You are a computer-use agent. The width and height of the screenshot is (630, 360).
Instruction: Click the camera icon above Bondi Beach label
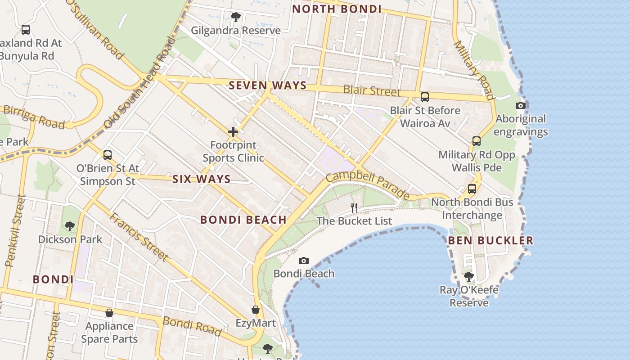pos(304,261)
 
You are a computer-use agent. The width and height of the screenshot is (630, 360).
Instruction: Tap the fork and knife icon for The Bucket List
pos(354,207)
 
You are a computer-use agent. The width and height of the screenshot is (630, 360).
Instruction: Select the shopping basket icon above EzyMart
pos(256,310)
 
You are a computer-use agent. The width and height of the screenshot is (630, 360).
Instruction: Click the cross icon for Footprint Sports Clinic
pos(233,132)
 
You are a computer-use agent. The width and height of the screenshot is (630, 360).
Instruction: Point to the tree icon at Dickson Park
pos(70,226)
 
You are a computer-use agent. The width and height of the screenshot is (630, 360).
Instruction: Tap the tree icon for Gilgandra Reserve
pos(235,17)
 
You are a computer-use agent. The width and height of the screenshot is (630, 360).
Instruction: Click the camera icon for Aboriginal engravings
pos(521,105)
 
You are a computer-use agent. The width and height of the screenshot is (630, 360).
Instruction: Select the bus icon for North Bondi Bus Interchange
pos(472,189)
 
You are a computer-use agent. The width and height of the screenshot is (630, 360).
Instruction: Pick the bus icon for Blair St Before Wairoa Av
pos(424,97)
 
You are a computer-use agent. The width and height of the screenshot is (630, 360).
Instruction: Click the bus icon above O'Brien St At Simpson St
pos(107,155)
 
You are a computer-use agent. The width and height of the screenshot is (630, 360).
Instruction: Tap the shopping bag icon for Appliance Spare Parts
pos(109,312)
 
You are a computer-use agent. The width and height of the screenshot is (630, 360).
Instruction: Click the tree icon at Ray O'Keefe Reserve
pos(469,276)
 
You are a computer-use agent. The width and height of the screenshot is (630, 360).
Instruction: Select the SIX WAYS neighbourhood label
pos(202,179)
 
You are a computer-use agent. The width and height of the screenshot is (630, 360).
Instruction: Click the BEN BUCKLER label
pos(490,240)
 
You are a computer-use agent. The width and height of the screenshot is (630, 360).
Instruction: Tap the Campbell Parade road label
pos(368,184)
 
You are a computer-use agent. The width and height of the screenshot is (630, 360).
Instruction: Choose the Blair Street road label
pos(372,90)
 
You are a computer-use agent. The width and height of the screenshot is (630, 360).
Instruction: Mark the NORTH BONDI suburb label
pos(337,9)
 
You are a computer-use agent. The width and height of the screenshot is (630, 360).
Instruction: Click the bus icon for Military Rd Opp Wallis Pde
pos(477,141)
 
